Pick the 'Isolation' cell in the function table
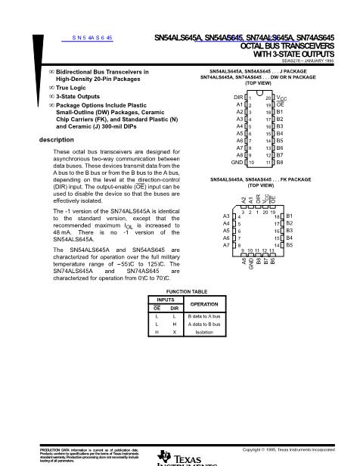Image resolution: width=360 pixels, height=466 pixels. [196, 332]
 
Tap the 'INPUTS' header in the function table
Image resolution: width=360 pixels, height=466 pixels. [165, 300]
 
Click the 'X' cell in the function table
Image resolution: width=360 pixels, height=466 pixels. [173, 332]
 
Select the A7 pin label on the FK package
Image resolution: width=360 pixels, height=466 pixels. [226, 245]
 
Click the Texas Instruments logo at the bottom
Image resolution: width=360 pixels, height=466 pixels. [178, 458]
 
